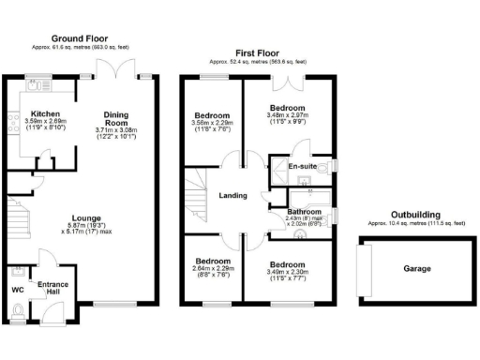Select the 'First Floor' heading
(x=258, y=54)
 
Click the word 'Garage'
(x=417, y=269)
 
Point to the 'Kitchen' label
(x=45, y=112)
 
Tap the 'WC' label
(x=17, y=290)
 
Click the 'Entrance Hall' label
(x=52, y=288)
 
